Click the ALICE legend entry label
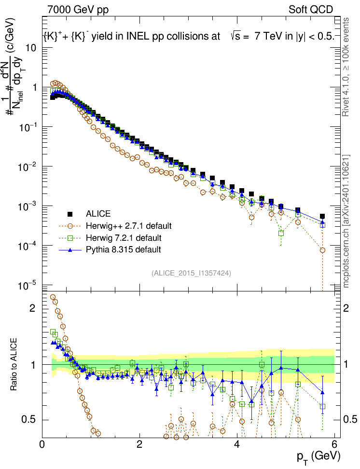point(98,214)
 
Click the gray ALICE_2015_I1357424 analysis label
point(191,273)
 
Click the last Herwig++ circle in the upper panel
point(322,250)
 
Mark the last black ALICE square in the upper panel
point(322,217)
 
